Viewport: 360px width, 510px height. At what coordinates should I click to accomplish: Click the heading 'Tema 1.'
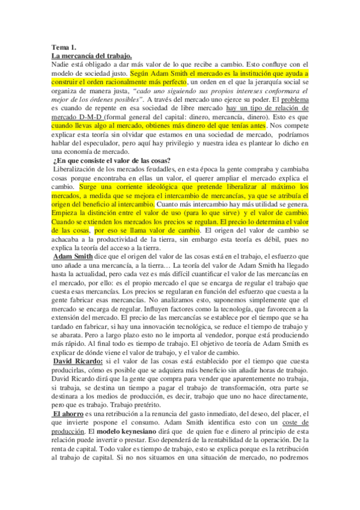click(64, 47)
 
